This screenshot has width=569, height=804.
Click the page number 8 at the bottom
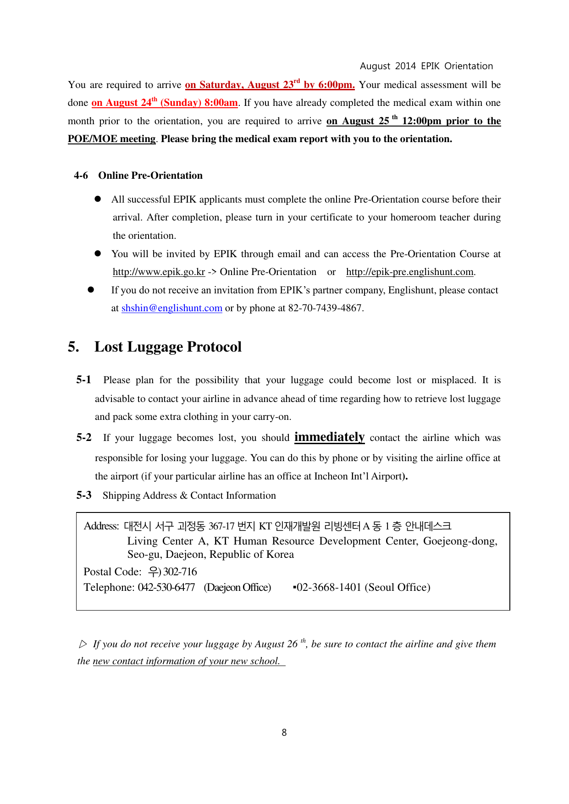[284, 732]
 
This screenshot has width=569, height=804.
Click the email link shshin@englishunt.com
[171, 308]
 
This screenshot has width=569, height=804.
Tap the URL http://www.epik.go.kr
[159, 272]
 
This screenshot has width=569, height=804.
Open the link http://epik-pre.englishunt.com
[409, 272]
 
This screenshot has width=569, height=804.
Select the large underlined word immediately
[329, 437]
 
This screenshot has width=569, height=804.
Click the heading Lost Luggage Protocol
[168, 347]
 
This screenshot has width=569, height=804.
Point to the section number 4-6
[81, 176]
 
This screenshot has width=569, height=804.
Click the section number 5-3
[83, 495]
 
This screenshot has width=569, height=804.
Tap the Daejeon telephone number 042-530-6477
[166, 587]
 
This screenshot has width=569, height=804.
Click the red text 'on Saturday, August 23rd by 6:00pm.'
[270, 85]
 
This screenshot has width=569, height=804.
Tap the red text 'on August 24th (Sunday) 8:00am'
[165, 103]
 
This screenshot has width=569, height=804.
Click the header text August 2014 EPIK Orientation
[426, 66]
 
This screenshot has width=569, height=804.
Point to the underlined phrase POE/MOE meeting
[111, 139]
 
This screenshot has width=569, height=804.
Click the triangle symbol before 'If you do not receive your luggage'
[83, 644]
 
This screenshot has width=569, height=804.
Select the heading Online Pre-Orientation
[150, 176]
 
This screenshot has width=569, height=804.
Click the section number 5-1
[83, 380]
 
